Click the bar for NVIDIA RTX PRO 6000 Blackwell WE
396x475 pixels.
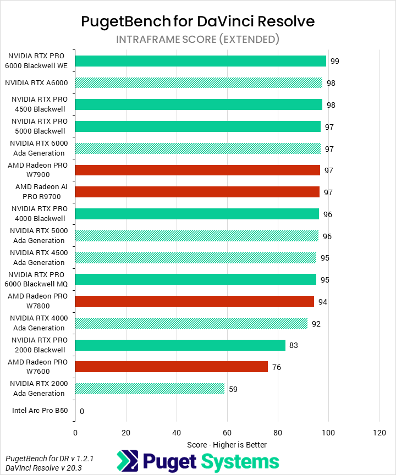[x=200, y=61]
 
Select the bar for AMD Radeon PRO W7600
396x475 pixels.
[x=171, y=367]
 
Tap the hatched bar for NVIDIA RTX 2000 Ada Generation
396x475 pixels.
[x=150, y=389]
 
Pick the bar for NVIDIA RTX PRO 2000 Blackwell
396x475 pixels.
[x=180, y=345]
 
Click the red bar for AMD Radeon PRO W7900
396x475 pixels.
[x=197, y=170]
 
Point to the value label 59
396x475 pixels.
[x=233, y=389]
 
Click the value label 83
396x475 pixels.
[x=294, y=345]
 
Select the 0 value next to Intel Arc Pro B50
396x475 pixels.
[x=82, y=411]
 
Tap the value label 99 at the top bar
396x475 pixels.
[x=334, y=61]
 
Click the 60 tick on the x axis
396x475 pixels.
[x=227, y=432]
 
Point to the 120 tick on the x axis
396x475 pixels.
[x=379, y=432]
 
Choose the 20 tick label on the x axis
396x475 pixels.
[x=125, y=432]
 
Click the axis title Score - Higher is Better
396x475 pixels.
[x=227, y=444]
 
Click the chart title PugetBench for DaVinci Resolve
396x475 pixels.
[x=198, y=21]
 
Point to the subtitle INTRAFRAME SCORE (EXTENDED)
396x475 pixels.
[x=198, y=39]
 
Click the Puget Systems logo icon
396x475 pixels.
[x=127, y=461]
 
